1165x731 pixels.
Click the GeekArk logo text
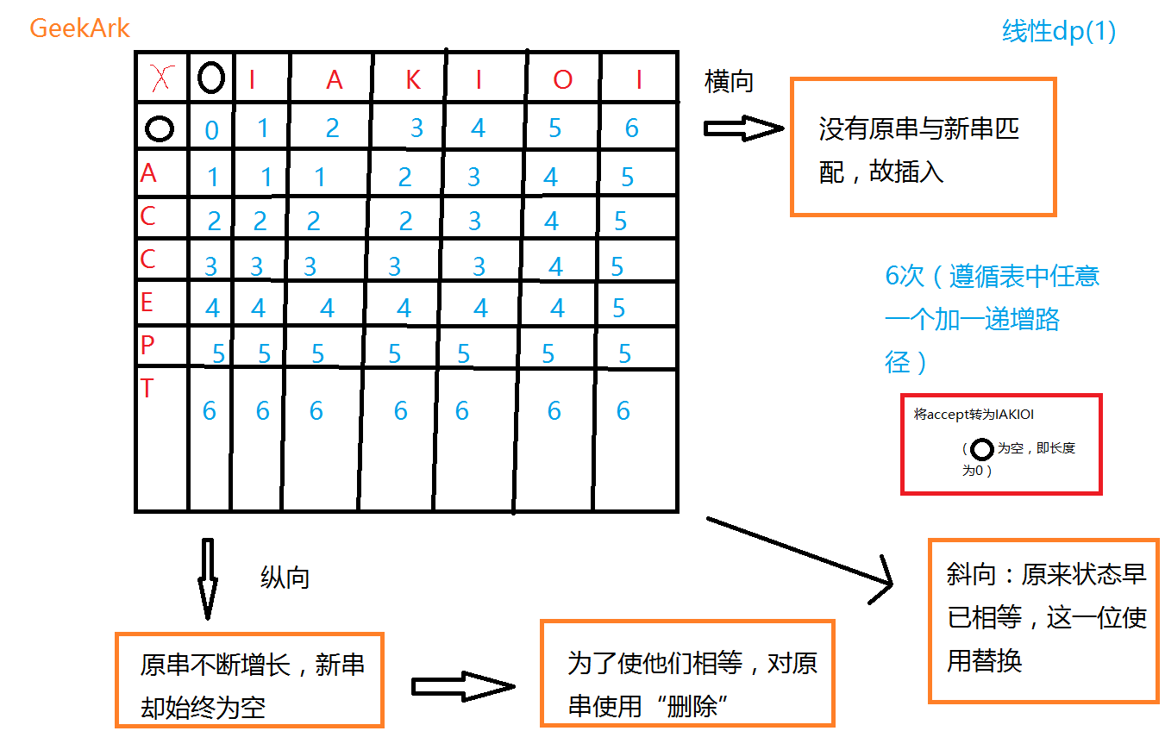click(79, 28)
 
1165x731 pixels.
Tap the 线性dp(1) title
click(1059, 32)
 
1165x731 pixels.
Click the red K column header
click(413, 79)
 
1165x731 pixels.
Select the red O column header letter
click(562, 80)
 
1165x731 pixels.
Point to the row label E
click(147, 303)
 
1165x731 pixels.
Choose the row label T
click(147, 389)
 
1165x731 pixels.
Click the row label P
click(147, 345)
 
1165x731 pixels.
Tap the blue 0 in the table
click(211, 131)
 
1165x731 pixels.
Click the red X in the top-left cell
click(160, 79)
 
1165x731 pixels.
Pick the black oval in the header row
click(210, 78)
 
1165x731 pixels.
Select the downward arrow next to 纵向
click(207, 578)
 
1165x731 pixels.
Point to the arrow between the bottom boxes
click(462, 686)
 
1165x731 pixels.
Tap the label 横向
click(729, 82)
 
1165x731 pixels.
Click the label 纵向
click(285, 578)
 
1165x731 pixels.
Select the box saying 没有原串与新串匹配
click(923, 147)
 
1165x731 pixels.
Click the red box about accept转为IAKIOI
click(1000, 444)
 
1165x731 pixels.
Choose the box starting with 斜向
click(1043, 619)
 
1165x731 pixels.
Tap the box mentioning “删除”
click(686, 672)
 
